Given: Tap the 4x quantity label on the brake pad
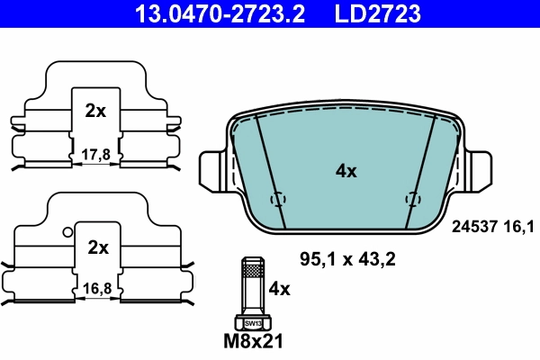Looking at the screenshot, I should click(346, 171).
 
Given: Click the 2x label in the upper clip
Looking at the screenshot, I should click(95, 112).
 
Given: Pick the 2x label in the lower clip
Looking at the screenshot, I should click(97, 247).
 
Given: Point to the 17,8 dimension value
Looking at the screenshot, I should click(95, 154).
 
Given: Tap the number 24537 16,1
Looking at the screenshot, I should click(490, 229).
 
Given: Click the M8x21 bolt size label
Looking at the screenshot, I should click(254, 342).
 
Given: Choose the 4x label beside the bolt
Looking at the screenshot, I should click(280, 289).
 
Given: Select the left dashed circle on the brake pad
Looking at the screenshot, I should click(278, 199).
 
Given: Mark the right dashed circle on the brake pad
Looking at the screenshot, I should click(413, 199).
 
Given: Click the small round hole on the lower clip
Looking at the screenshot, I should click(67, 232).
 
